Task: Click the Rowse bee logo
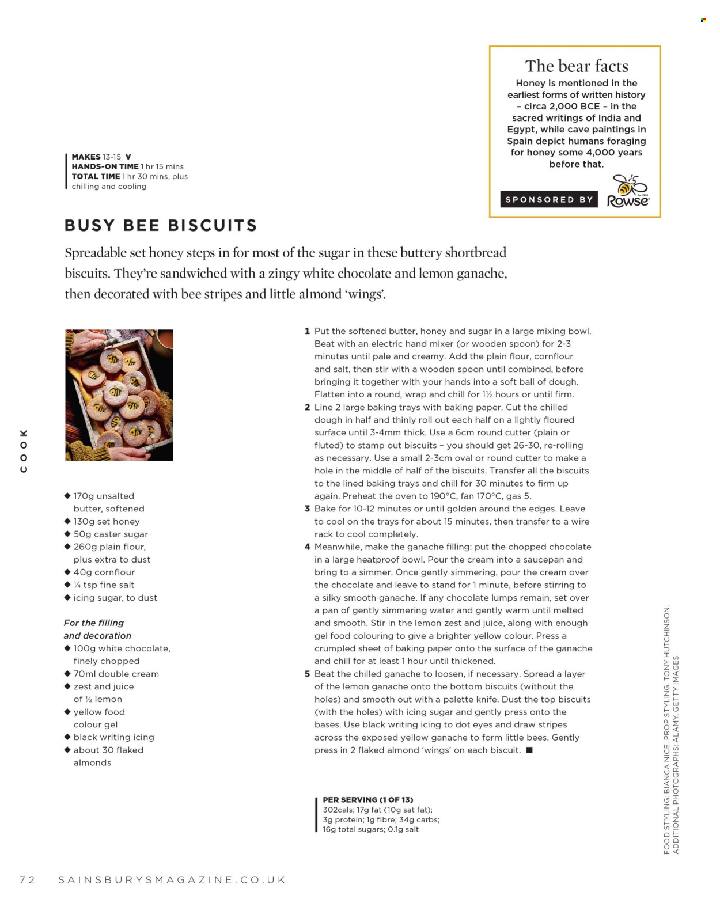[x=628, y=191]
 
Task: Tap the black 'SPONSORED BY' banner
[x=549, y=199]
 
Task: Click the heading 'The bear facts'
[x=576, y=66]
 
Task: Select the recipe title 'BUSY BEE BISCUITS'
[x=161, y=225]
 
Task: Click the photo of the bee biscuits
[x=119, y=395]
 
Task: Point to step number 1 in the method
[x=308, y=331]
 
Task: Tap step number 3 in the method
[x=308, y=509]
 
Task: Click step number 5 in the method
[x=308, y=674]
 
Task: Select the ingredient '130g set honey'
[x=107, y=521]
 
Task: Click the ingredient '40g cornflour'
[x=104, y=572]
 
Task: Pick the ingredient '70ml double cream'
[x=116, y=674]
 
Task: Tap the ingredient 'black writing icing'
[x=113, y=737]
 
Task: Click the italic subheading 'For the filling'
[x=94, y=623]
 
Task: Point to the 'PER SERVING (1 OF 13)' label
[x=368, y=799]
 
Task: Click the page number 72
[x=27, y=879]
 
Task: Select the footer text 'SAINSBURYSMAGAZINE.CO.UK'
[x=172, y=879]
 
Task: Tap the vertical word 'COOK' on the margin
[x=24, y=451]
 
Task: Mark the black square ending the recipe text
[x=529, y=750]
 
